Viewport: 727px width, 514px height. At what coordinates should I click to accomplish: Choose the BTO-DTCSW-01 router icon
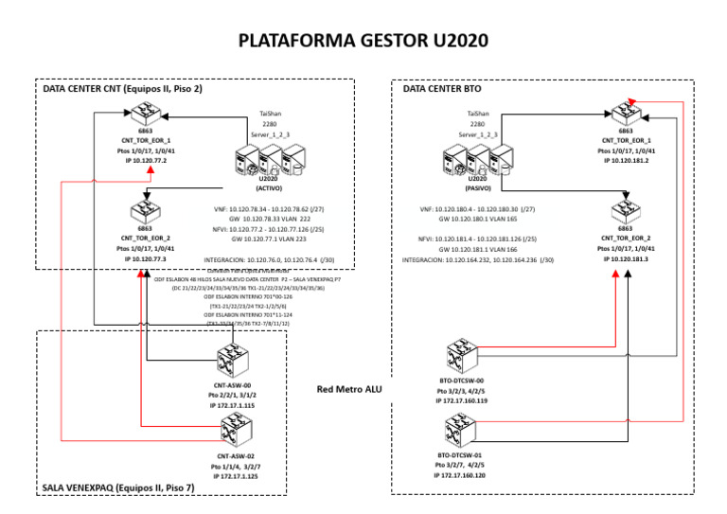(x=461, y=434)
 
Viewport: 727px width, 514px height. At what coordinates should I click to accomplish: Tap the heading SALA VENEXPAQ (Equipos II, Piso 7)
(x=118, y=488)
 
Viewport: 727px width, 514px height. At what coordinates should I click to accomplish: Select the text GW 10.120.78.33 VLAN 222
(x=270, y=218)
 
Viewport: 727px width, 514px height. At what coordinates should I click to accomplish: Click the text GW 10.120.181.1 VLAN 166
(x=477, y=249)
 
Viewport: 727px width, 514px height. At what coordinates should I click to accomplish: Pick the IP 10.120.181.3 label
(x=626, y=258)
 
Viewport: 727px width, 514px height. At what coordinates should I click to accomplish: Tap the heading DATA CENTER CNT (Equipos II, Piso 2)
(x=123, y=89)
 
